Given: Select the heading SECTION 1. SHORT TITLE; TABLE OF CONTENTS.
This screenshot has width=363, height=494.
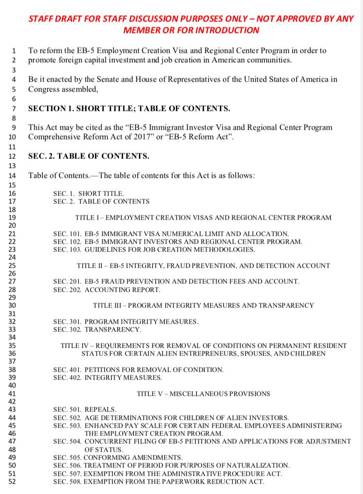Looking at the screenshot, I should point(128,109).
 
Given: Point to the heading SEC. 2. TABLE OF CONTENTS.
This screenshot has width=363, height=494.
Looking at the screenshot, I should point(88,156).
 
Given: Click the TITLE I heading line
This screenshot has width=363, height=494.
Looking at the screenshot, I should point(203,217).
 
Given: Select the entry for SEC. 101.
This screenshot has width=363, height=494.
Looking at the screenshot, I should point(171,234).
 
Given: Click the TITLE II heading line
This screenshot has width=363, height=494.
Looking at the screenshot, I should point(203,266).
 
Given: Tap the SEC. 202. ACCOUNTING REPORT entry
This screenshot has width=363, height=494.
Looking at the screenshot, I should point(107,290).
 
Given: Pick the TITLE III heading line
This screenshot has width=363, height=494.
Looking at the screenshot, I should point(203,305).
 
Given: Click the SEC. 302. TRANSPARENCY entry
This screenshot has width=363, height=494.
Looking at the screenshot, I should point(97,329).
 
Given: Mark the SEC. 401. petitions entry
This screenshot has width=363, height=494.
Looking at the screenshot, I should point(138,370).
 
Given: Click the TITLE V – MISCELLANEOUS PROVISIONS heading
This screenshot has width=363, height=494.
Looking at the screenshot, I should point(203,394).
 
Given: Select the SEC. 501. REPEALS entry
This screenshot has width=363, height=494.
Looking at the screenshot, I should point(85,409).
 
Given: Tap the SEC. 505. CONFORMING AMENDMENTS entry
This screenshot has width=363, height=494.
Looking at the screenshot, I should point(118,457).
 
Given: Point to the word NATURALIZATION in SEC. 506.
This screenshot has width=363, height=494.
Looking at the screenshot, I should point(260,465).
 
